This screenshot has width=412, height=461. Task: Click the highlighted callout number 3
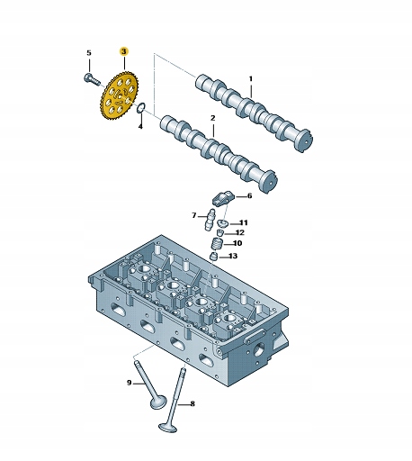pos(124,51)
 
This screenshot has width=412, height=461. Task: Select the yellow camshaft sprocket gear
pos(119,96)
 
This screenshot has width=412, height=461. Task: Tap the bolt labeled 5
pos(92,79)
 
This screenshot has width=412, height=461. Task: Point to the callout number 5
pos(89,53)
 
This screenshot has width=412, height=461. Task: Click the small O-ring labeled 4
pos(141,108)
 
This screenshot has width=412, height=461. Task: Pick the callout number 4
pos(140,126)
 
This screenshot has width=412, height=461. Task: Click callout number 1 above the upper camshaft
pos(251,79)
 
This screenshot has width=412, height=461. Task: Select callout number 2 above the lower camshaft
pos(213,118)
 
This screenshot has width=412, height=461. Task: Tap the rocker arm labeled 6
pos(222,198)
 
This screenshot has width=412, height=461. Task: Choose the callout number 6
pos(249,196)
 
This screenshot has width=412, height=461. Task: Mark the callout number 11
pos(243,222)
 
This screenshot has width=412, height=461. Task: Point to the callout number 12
pos(240,232)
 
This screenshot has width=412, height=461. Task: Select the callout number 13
pos(233,256)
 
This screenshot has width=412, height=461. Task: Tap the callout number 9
pos(130,383)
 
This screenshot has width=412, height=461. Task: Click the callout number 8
pos(193,403)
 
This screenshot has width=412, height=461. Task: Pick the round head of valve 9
pos(157,402)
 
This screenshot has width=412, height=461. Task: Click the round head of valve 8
pos(168,428)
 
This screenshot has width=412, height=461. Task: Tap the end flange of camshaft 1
pos(305,140)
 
